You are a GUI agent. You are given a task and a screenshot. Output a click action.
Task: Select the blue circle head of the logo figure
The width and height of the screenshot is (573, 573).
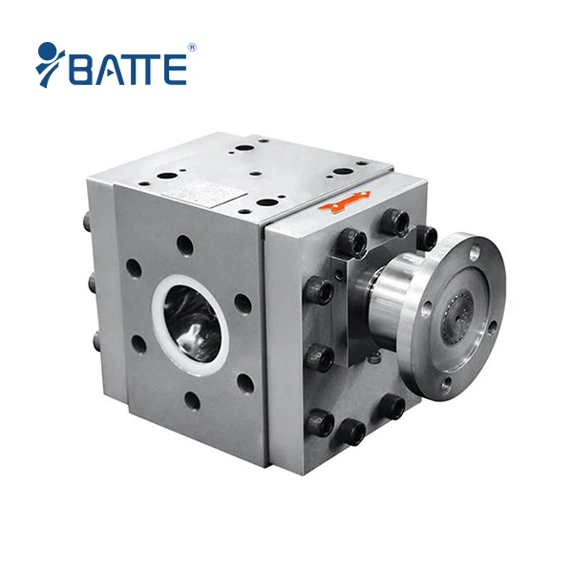point(44,50)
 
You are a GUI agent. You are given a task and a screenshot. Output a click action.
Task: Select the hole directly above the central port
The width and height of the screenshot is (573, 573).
point(184,245)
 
